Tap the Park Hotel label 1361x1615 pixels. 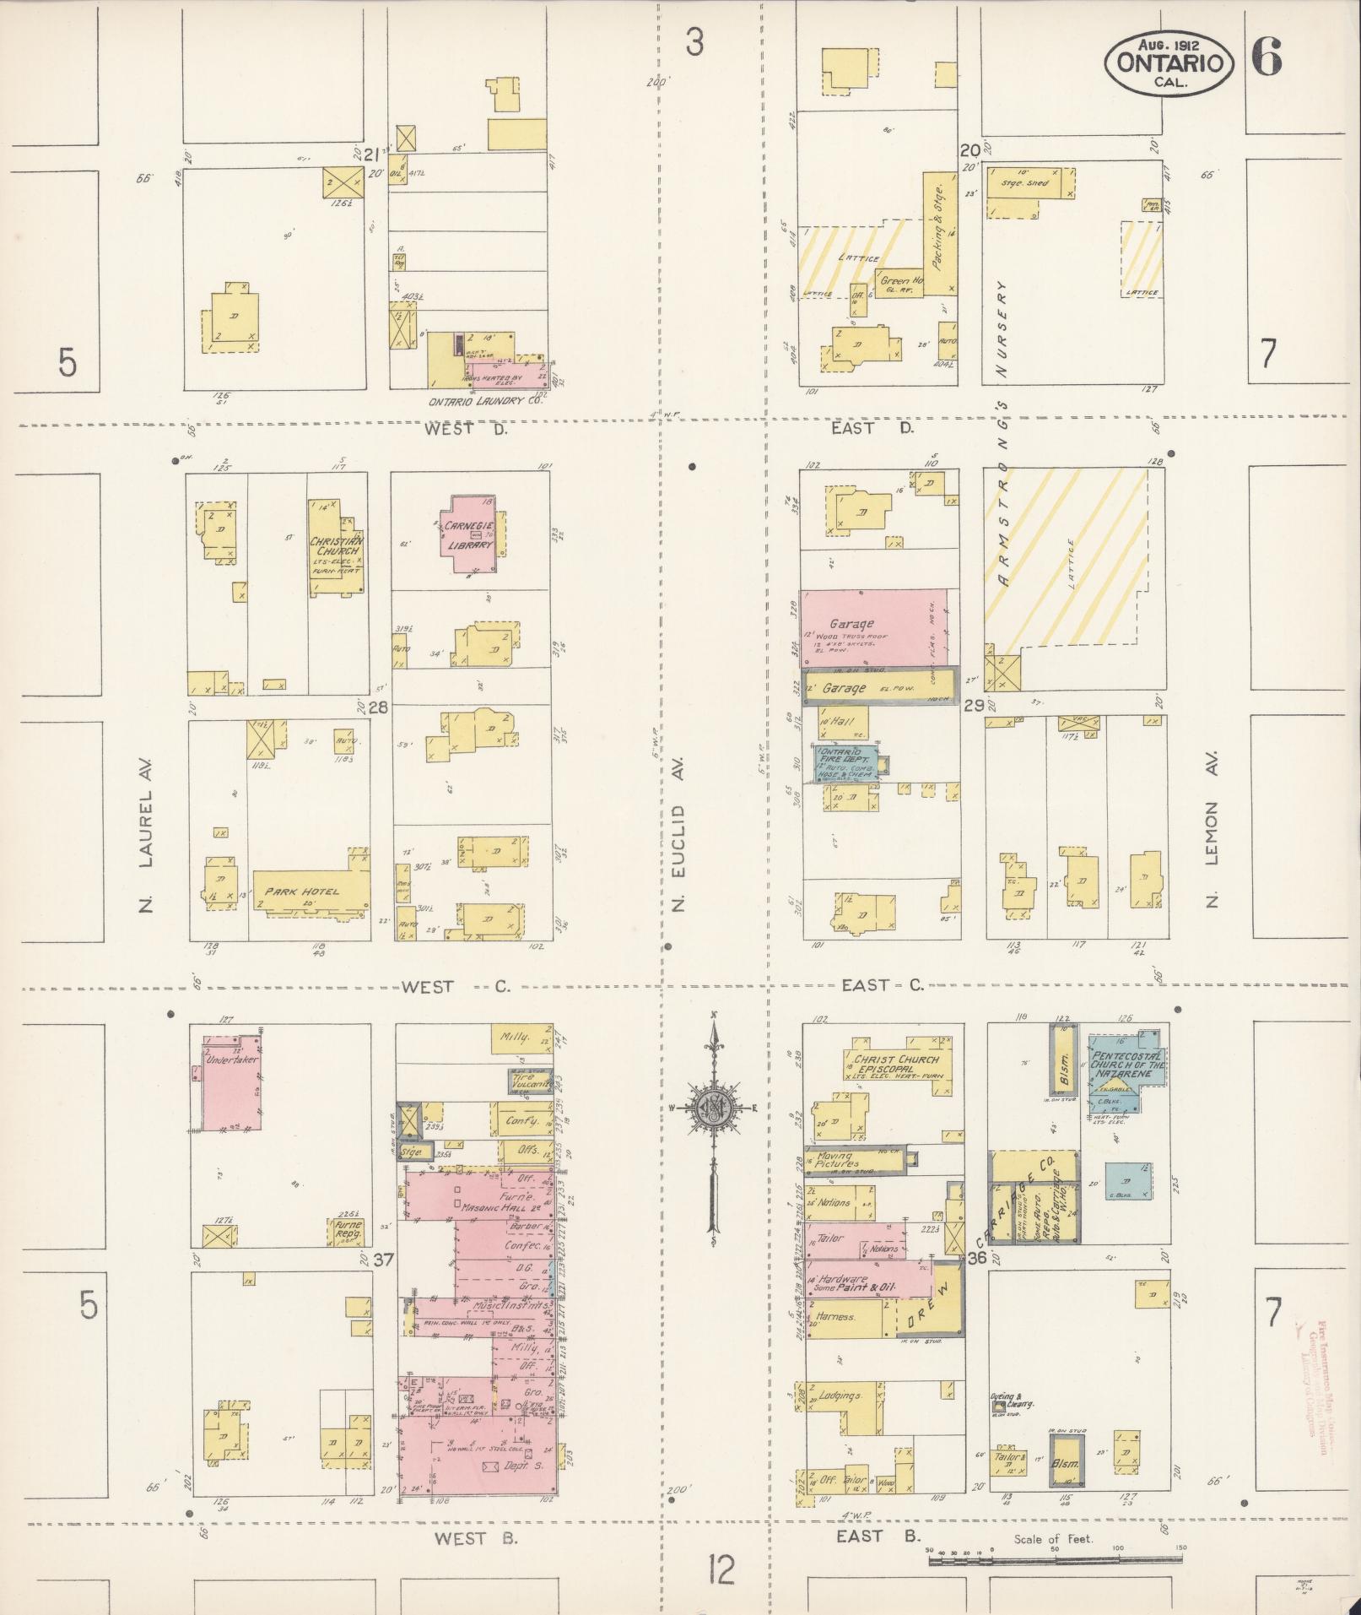click(x=301, y=892)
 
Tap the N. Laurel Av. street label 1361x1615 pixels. click(x=144, y=859)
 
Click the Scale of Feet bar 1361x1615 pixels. click(x=1054, y=1561)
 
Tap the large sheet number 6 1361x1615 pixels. click(x=1266, y=57)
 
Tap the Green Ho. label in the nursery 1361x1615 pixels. click(x=900, y=281)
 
